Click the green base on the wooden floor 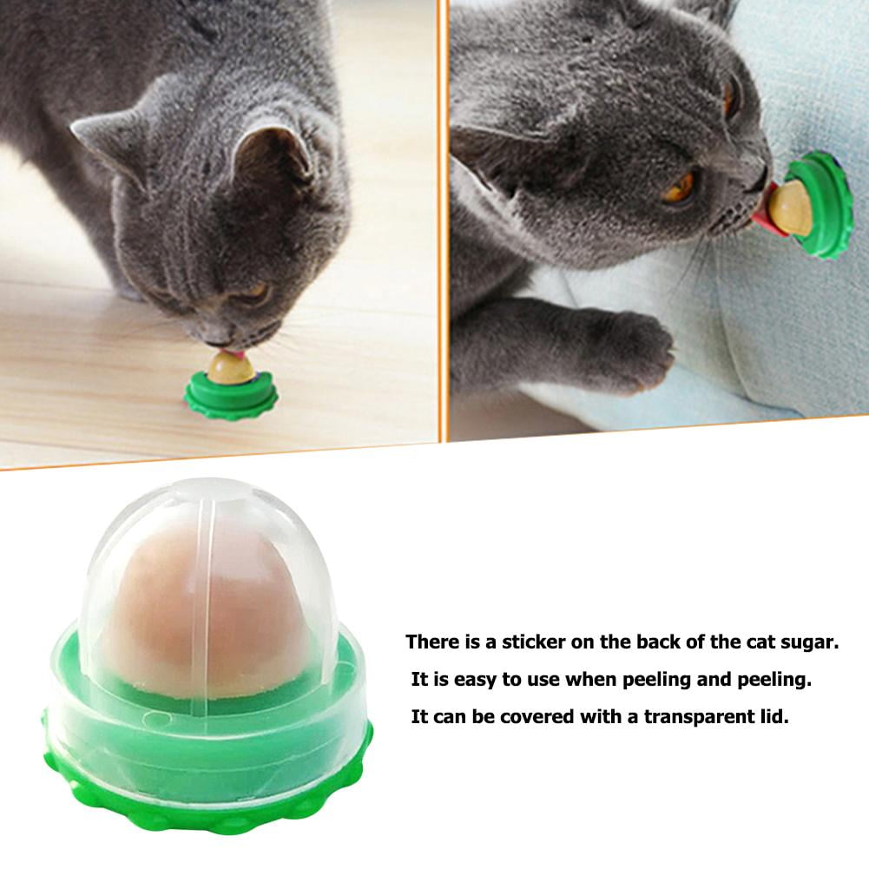click(231, 398)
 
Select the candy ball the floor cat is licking click(231, 369)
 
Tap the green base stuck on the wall click(825, 204)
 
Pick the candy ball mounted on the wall click(791, 208)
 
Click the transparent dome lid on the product click(208, 538)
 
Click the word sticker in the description click(533, 642)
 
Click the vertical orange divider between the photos click(443, 217)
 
